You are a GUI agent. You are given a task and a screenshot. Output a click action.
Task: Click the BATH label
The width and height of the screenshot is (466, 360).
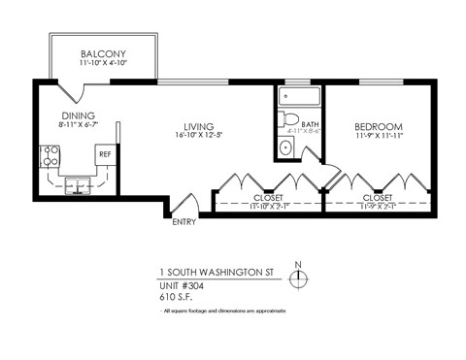click(x=310, y=124)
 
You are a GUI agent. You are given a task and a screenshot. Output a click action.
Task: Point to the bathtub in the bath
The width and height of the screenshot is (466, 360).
click(x=297, y=97)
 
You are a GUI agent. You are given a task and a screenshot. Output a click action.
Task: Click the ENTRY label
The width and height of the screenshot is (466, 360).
click(x=183, y=222)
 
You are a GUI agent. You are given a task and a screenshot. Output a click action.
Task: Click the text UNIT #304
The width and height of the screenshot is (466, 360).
click(x=187, y=286)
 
